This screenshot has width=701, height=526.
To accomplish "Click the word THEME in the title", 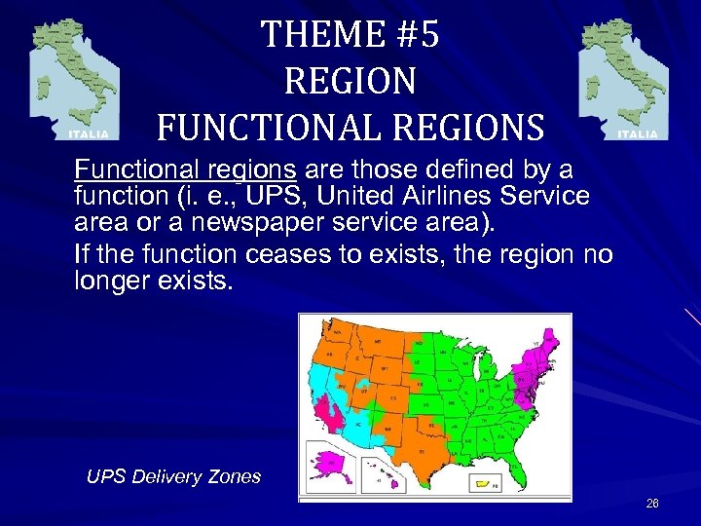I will (309, 36).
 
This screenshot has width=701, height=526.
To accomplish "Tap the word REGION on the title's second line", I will (350, 81).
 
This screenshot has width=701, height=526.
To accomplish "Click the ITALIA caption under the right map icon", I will (638, 133).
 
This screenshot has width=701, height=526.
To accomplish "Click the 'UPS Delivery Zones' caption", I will (173, 476).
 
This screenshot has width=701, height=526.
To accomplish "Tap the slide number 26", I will (651, 504).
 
